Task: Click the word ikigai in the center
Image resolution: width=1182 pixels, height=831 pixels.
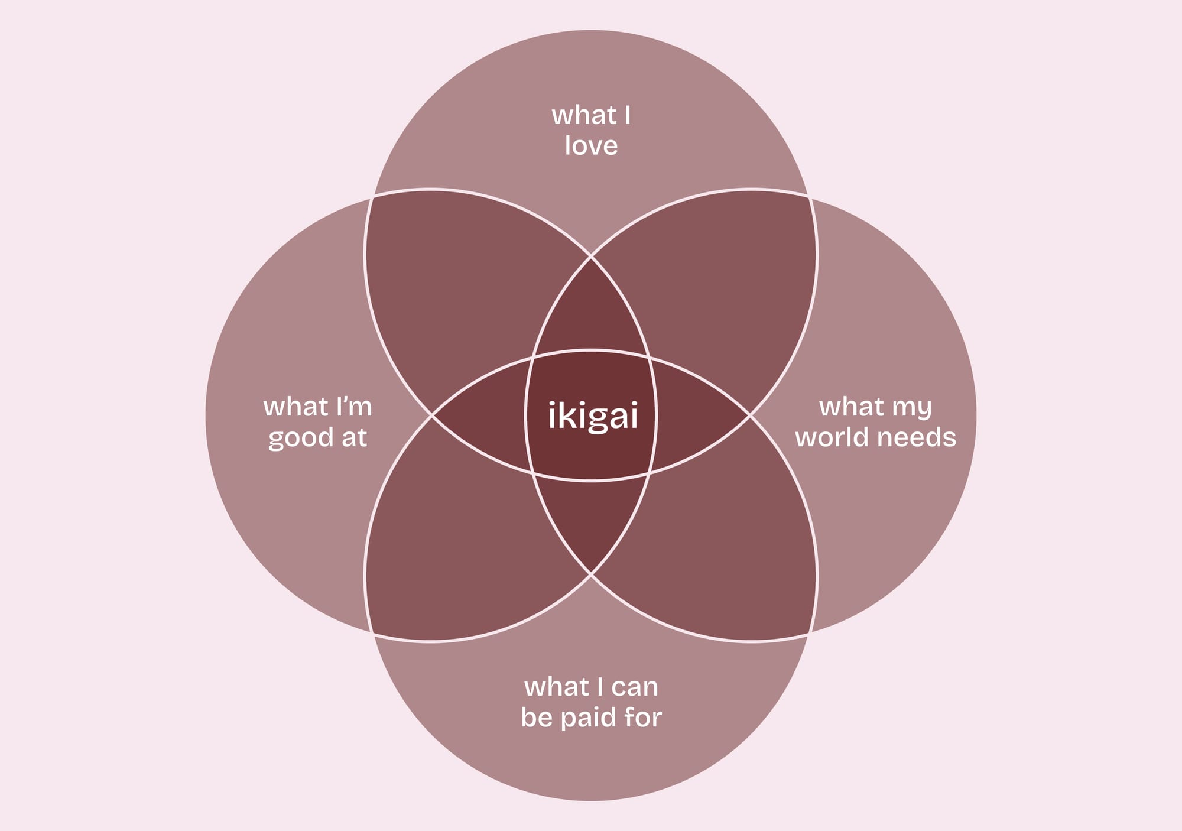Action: coord(593,417)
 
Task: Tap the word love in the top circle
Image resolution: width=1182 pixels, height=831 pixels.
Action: coord(591,146)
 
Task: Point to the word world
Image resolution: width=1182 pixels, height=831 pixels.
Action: coord(833,438)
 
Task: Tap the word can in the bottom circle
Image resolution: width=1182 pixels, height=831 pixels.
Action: coord(635,687)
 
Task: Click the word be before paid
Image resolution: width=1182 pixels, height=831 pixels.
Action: coord(536,718)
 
